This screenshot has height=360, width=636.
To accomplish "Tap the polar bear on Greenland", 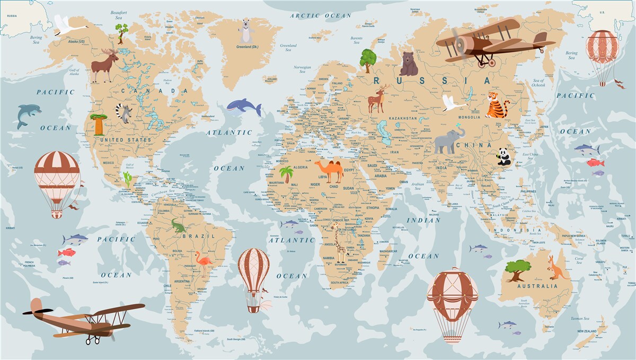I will (x=245, y=31).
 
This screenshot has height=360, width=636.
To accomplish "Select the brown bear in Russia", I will (x=409, y=64).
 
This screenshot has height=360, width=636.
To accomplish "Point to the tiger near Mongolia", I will (x=497, y=104).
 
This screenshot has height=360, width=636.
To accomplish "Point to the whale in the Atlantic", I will (x=244, y=108).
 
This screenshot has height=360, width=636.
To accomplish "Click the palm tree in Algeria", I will (x=287, y=174).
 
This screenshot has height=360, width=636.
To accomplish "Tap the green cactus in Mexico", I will (x=128, y=179).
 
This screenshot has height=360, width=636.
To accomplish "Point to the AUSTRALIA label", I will (x=538, y=286).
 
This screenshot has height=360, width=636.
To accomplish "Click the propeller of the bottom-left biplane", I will (x=38, y=311).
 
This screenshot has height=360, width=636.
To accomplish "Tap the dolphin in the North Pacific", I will (x=28, y=115).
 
